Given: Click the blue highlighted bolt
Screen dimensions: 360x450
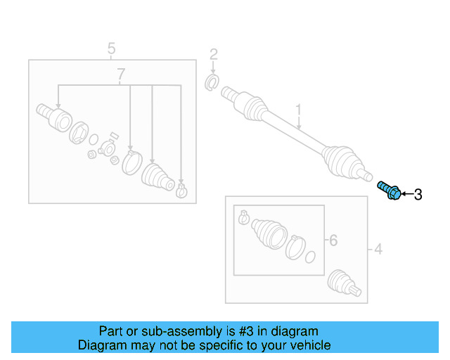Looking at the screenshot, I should click(390, 189).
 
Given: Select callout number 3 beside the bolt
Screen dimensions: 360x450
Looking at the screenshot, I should click(418, 195).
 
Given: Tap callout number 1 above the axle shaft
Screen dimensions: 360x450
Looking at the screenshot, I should click(298, 110).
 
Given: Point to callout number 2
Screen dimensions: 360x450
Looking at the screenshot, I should click(213, 54).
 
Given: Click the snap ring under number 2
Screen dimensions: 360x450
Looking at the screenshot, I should click(210, 84).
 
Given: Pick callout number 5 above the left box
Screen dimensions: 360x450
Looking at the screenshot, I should click(110, 49).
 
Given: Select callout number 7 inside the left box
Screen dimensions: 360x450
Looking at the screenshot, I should click(121, 74).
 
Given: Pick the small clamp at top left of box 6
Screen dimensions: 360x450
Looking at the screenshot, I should click(243, 217).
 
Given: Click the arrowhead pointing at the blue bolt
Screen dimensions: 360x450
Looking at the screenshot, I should click(404, 194).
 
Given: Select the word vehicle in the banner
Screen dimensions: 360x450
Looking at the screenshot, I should click(307, 345).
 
